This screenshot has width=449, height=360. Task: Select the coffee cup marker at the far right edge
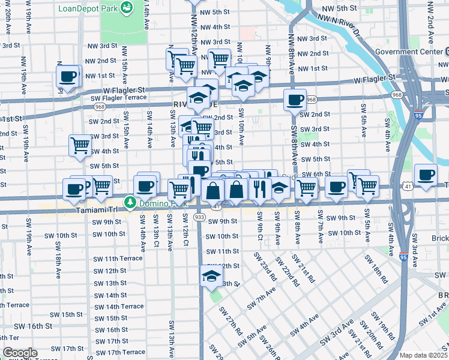pos(426,175)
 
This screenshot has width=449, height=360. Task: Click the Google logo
pos(20,353)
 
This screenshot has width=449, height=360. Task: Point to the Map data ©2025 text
pos(423,355)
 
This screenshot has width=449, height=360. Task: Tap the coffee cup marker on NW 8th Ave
pos(295,99)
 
